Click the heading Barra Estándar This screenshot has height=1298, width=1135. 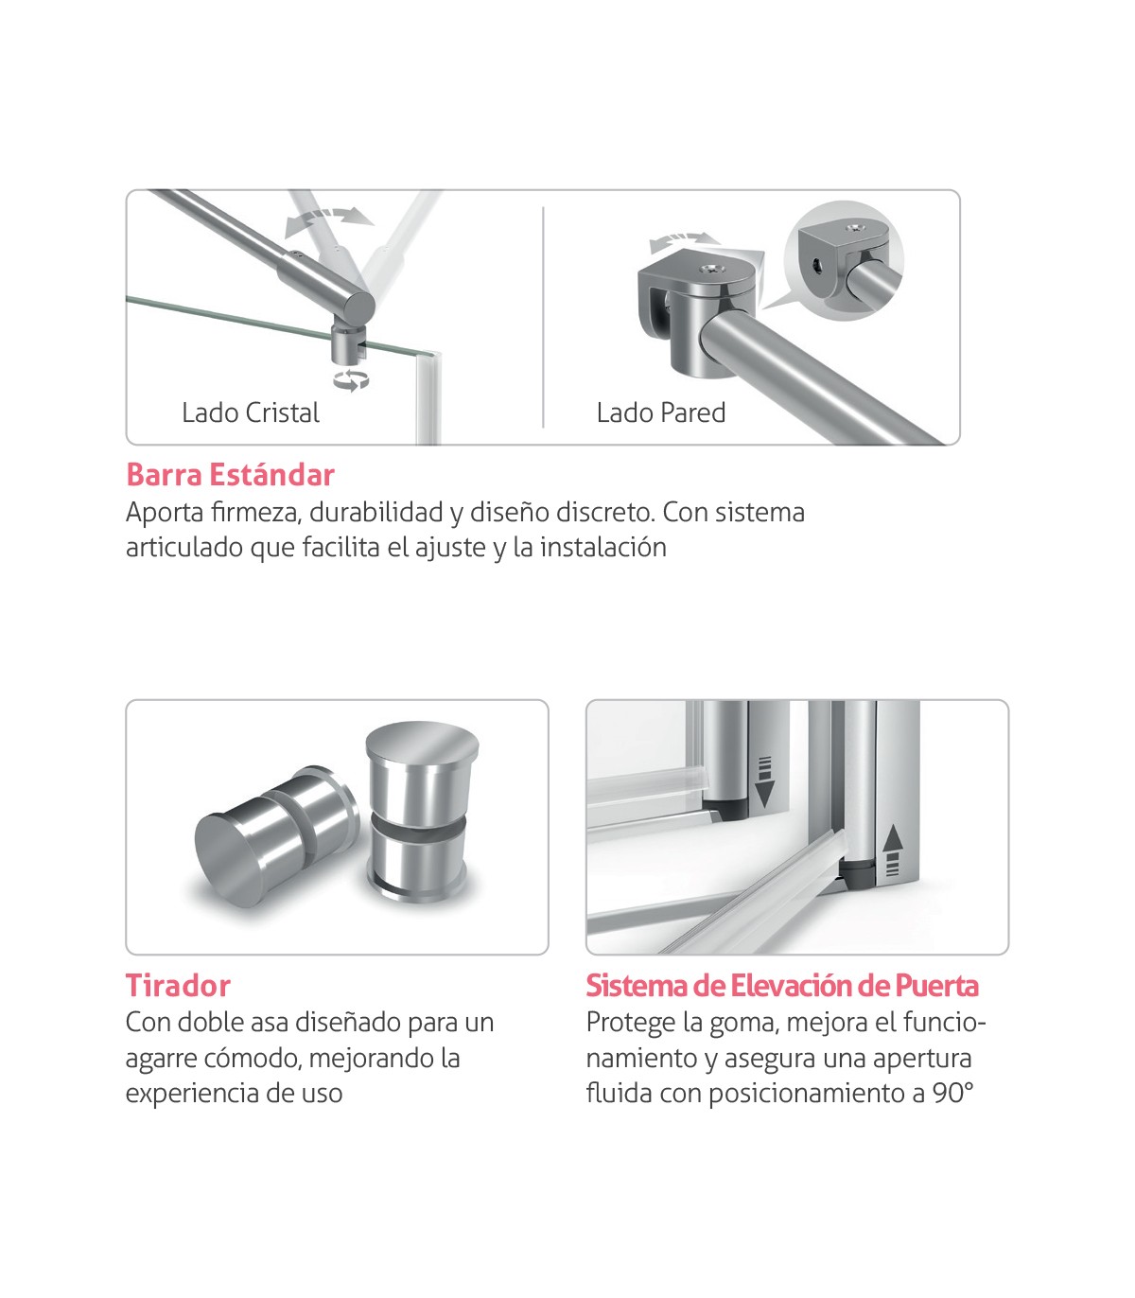[x=230, y=475]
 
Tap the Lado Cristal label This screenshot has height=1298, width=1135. [x=251, y=413]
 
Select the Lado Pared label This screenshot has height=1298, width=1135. [x=661, y=413]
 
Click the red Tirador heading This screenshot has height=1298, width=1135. [x=178, y=986]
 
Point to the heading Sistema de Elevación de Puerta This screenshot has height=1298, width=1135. [x=782, y=986]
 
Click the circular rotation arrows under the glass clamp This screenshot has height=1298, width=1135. [x=351, y=380]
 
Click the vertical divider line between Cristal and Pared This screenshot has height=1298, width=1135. [x=544, y=317]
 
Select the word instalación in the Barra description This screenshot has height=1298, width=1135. [x=603, y=548]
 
